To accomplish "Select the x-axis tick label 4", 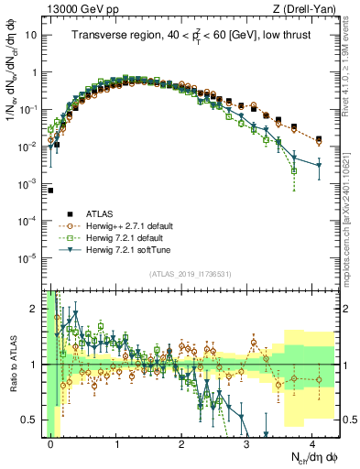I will pyautogui.click(x=312, y=444).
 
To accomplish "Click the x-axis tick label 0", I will pyautogui.click(x=51, y=444).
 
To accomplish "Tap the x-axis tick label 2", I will pyautogui.click(x=182, y=444).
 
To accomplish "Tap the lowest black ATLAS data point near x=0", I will pyautogui.click(x=51, y=191).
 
